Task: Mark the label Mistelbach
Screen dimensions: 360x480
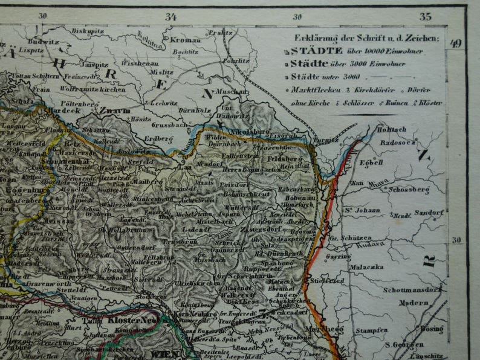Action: click(x=206, y=222)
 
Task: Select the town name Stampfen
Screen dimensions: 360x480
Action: click(x=371, y=330)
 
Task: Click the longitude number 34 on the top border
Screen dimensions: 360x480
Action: click(x=171, y=17)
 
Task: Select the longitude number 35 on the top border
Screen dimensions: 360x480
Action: click(x=426, y=17)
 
